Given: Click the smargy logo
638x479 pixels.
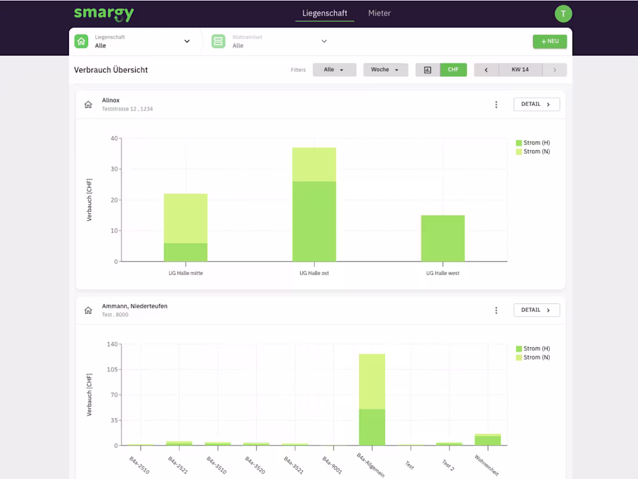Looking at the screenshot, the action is (x=104, y=14).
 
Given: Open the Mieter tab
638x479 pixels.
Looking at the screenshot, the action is (x=379, y=13).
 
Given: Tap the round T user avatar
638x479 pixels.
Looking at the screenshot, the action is (x=563, y=14).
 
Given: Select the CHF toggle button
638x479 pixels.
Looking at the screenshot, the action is (x=454, y=70).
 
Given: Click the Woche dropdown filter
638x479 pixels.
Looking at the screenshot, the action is (x=385, y=70).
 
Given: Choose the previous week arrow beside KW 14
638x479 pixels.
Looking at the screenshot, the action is (x=486, y=70).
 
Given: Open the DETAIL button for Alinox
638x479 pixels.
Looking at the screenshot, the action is (x=536, y=104).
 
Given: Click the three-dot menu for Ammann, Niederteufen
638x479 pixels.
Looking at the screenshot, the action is (x=496, y=310).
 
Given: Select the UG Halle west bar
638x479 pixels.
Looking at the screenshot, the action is (x=443, y=238).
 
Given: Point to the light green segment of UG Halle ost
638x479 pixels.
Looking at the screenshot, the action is (x=314, y=165).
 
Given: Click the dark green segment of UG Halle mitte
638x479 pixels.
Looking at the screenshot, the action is (x=186, y=252).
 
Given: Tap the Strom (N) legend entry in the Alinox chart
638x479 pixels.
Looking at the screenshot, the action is (x=533, y=151).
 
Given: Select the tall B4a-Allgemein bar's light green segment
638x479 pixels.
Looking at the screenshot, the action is (x=372, y=382).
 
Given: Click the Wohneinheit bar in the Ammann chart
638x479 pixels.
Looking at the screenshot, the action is (x=488, y=440).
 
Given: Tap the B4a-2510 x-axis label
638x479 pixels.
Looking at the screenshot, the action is (x=140, y=465).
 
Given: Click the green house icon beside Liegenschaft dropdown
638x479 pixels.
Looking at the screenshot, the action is (x=81, y=41).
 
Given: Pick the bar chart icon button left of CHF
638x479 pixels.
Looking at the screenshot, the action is (x=427, y=70).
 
